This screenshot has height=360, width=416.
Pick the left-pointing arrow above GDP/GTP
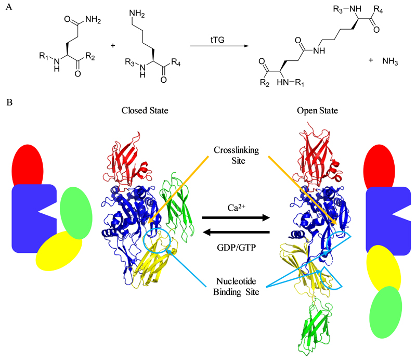235,232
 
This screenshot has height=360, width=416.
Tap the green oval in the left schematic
76,213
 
